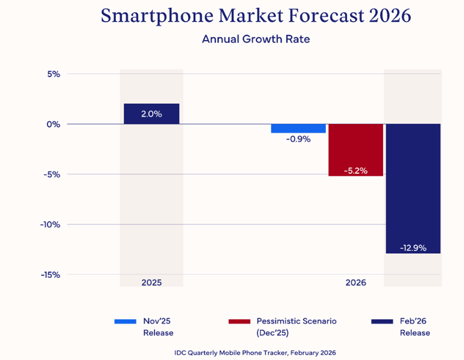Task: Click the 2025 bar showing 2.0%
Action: [151, 114]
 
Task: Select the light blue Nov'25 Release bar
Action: [298, 128]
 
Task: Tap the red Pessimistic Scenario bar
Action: [355, 150]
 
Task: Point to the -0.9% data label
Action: [298, 139]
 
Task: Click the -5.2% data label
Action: [355, 171]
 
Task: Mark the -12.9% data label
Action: [413, 248]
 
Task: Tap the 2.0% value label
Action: [151, 114]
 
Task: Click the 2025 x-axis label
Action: [151, 283]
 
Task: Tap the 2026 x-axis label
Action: [355, 283]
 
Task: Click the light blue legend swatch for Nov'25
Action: [126, 321]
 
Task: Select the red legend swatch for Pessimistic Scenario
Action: [239, 321]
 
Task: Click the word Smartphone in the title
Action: [151, 16]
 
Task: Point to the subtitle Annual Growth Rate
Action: [256, 39]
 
